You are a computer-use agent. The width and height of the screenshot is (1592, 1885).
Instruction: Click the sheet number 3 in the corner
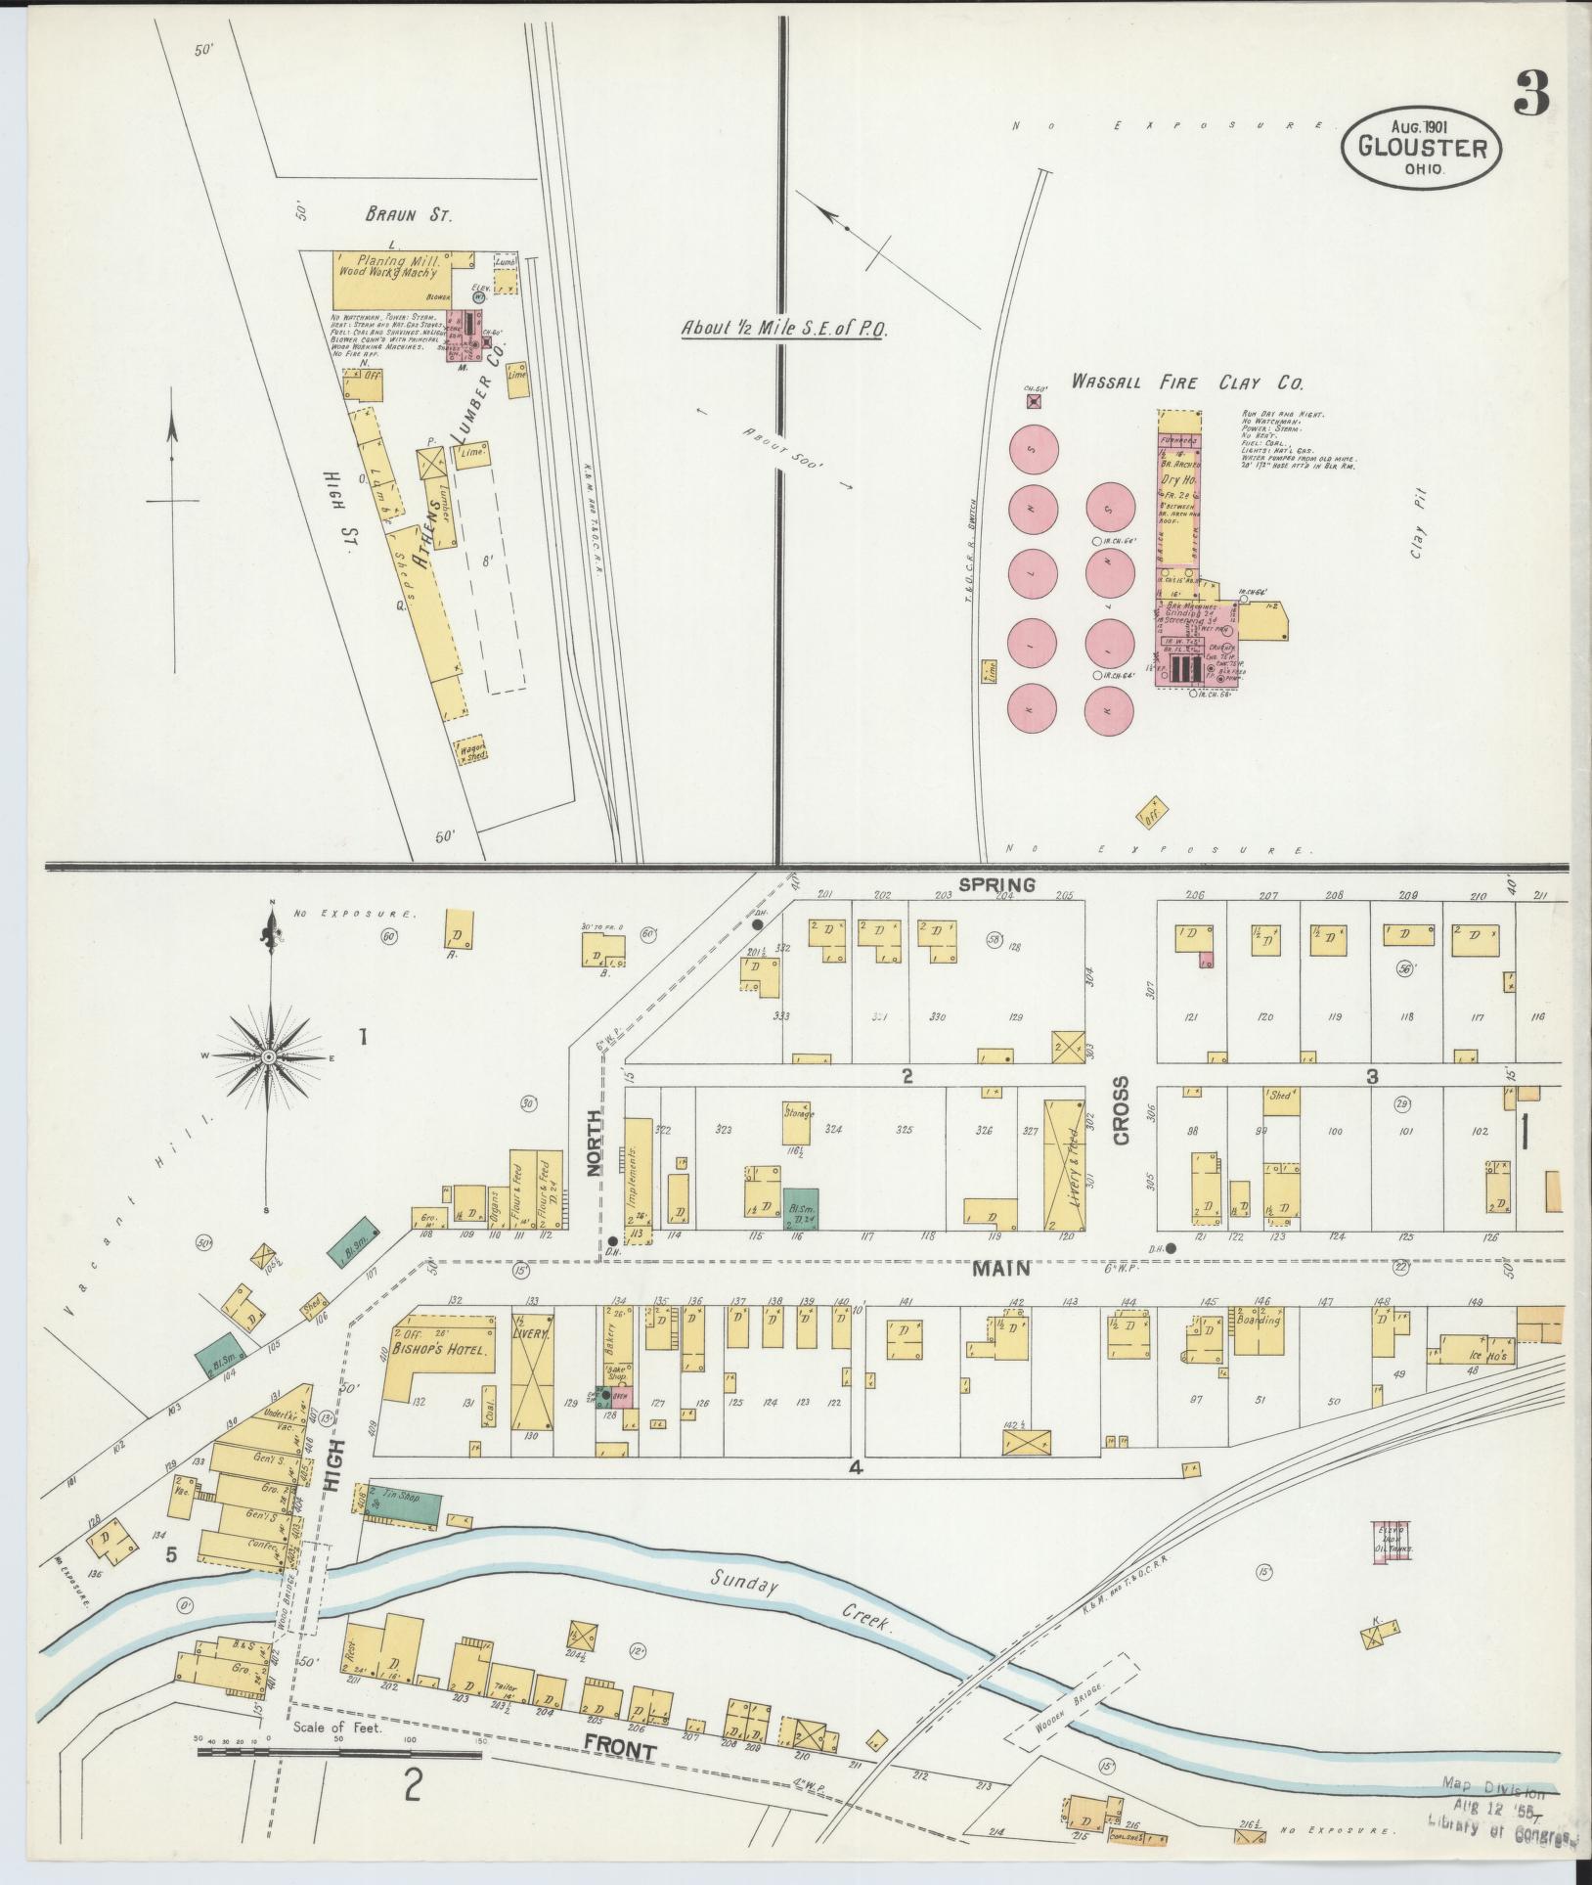pos(1532,96)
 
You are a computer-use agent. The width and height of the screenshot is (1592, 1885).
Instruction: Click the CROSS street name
pos(1120,1110)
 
